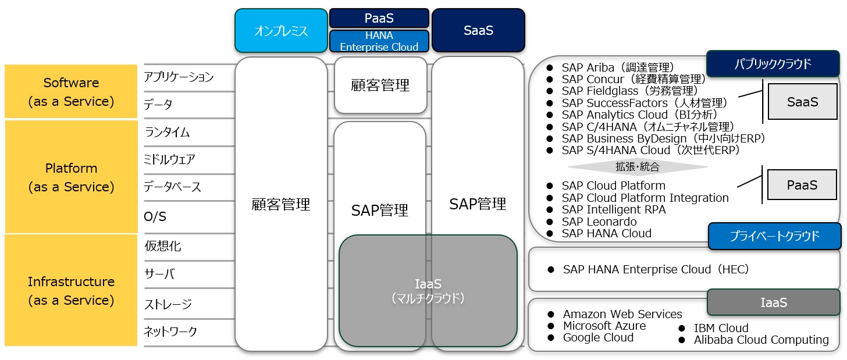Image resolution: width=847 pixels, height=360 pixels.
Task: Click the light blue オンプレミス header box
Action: pos(281,31)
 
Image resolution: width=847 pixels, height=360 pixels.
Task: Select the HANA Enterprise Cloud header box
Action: pos(379,41)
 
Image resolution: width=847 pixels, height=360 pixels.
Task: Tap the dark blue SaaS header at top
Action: pos(478,30)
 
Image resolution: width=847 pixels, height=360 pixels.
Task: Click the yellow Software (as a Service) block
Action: pos(71,91)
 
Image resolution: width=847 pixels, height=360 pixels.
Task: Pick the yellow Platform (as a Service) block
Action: pos(71,177)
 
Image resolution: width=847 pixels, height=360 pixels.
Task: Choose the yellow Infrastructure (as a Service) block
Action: pos(71,290)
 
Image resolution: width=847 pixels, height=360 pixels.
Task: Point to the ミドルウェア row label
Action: pos(169,159)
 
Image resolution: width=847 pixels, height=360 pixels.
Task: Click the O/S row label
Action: pos(155,216)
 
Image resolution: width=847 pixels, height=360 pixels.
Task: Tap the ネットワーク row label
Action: pos(170,332)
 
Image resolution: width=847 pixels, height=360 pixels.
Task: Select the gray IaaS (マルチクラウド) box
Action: pos(428,290)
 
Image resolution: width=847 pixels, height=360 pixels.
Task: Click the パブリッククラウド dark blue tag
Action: pos(773,63)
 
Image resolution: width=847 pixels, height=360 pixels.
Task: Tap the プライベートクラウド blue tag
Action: pos(774,236)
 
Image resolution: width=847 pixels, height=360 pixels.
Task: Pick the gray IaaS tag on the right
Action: pos(774,302)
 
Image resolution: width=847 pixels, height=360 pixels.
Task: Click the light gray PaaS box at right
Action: pos(802,185)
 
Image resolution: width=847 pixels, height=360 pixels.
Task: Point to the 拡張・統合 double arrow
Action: pos(638,167)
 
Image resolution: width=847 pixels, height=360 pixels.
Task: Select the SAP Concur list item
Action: pos(634,79)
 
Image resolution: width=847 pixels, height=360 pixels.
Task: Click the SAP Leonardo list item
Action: pos(599,222)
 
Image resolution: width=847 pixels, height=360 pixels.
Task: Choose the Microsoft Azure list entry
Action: pos(604,326)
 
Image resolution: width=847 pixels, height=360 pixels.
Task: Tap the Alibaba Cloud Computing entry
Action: pos(761,340)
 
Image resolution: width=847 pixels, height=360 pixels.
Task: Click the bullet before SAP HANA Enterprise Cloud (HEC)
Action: pos(551,270)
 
